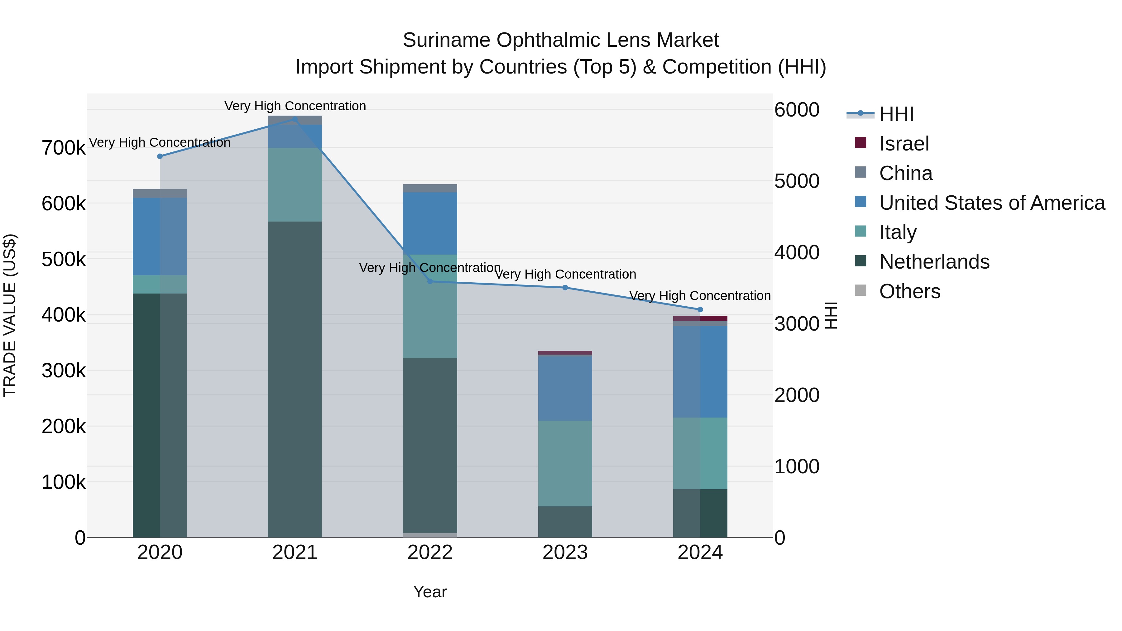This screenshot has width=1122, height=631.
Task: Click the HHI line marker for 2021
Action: coord(295,119)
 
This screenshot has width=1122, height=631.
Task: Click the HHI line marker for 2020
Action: coord(160,156)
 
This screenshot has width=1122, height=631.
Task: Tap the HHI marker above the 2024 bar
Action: coord(700,310)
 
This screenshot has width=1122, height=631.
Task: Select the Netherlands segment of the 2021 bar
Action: coord(295,379)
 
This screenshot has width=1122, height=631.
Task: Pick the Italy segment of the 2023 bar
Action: coord(565,463)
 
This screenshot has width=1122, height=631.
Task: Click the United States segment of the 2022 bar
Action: coord(430,223)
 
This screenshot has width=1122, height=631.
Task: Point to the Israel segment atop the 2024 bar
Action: coord(700,318)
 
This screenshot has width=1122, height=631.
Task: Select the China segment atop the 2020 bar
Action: coord(160,193)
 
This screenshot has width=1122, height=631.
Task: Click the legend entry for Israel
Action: coord(904,144)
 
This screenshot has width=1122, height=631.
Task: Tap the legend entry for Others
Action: coord(909,291)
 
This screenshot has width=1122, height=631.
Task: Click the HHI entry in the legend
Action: coord(896,114)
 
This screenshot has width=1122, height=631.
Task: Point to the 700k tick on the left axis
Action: coord(64,148)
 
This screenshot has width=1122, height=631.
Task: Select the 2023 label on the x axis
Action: coord(565,552)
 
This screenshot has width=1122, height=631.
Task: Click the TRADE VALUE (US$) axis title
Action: coord(10,315)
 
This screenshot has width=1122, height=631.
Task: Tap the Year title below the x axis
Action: coord(430,592)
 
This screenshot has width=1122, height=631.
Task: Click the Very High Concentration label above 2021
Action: coord(295,106)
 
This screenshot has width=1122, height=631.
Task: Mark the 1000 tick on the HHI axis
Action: coord(797,466)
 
